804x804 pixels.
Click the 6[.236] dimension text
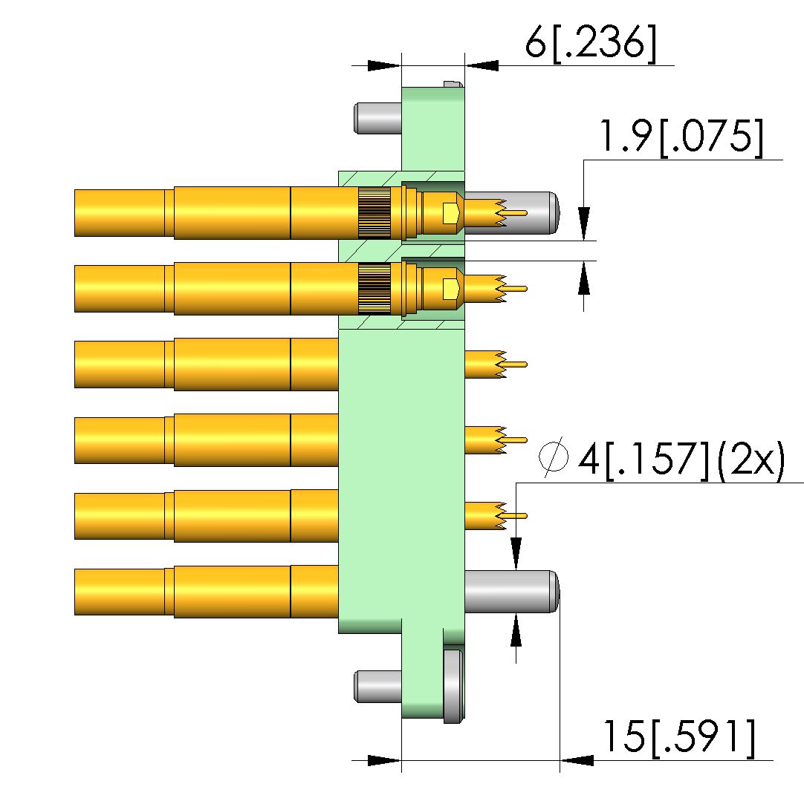(591, 43)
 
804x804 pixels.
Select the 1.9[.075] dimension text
(681, 137)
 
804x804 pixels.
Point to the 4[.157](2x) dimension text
(681, 459)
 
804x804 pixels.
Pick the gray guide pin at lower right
(511, 591)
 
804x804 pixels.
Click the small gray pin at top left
(378, 119)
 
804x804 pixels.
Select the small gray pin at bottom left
(378, 687)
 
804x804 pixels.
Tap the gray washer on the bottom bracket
(453, 686)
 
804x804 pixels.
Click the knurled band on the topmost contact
(374, 213)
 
